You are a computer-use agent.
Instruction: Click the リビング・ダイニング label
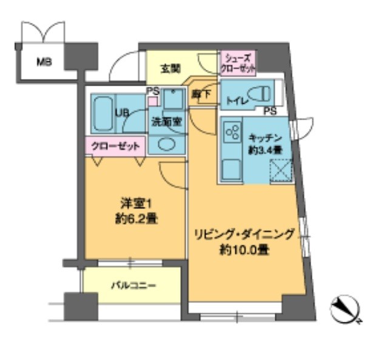244,234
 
